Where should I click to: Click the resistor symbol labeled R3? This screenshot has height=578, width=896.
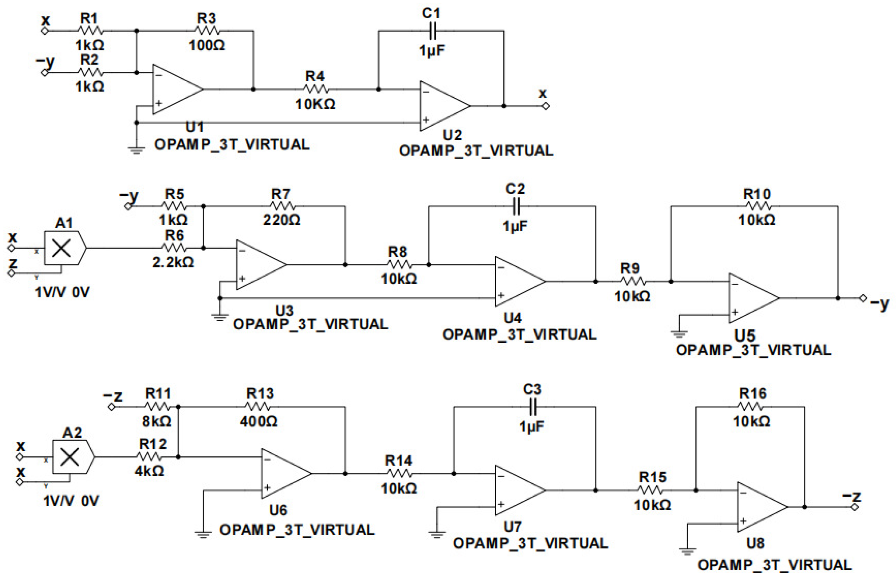pos(207,31)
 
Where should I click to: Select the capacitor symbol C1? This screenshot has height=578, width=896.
pos(432,31)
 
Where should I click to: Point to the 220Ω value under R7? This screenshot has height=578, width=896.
pos(282,220)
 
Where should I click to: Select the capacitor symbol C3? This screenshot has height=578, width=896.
pos(532,406)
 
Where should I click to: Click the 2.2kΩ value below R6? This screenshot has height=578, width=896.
pos(173,262)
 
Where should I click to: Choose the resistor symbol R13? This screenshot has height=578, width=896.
pos(258,406)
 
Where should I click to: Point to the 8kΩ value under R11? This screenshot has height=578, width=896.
pos(157,421)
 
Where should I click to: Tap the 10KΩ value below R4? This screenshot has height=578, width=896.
pos(315,104)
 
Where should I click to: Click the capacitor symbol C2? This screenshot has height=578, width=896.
pos(516,206)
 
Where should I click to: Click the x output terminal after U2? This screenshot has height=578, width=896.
pos(546,106)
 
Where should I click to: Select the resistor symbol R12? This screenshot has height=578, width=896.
pos(149,457)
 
